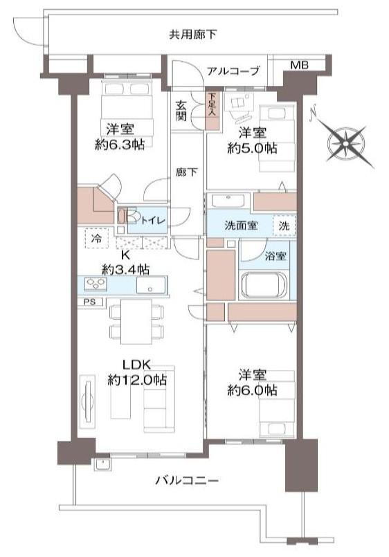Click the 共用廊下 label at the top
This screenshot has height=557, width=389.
[192, 35]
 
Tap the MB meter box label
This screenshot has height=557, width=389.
[299, 65]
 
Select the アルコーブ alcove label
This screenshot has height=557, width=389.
[233, 71]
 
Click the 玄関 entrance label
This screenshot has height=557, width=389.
[181, 111]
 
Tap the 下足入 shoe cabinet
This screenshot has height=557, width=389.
[212, 111]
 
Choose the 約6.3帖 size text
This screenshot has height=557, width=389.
[119, 144]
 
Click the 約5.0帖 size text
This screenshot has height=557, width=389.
[252, 148]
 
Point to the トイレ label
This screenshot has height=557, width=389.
[153, 220]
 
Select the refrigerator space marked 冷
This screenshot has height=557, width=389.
[96, 238]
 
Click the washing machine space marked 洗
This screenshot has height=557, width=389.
[284, 226]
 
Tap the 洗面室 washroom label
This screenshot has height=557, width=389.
[241, 225]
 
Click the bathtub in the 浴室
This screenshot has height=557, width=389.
[264, 286]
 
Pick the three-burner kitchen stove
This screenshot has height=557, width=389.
[96, 284]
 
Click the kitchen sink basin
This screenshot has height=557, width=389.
[151, 285]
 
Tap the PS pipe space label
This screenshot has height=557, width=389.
[90, 302]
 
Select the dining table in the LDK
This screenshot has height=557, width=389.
[136, 322]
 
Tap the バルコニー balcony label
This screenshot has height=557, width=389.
[186, 481]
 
